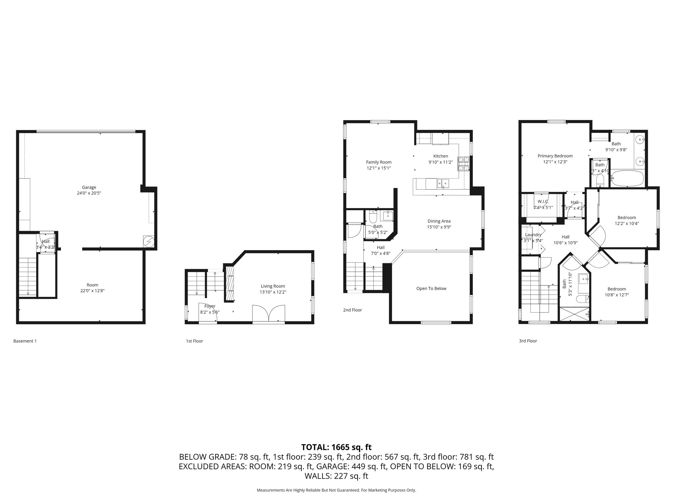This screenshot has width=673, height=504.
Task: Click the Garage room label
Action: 89,187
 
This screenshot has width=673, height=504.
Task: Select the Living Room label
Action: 273,286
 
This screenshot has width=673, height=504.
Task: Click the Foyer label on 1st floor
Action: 210,306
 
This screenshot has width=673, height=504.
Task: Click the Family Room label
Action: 379,162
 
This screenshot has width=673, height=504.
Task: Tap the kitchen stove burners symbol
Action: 464,164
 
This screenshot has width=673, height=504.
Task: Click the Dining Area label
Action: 439,221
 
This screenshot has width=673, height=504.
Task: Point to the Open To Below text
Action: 431,288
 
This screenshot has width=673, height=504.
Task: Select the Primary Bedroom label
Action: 555,156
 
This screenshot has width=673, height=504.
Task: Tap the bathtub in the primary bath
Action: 628,178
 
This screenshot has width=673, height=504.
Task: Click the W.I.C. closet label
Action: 543,201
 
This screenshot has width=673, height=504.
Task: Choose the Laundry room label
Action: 533,235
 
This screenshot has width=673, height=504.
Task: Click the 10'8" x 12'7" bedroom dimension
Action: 616,295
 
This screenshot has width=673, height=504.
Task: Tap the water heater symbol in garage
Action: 149,241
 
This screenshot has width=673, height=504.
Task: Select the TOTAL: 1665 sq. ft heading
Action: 336,447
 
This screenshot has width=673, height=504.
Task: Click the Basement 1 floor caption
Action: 25,341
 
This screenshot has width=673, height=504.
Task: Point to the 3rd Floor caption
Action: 528,341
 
